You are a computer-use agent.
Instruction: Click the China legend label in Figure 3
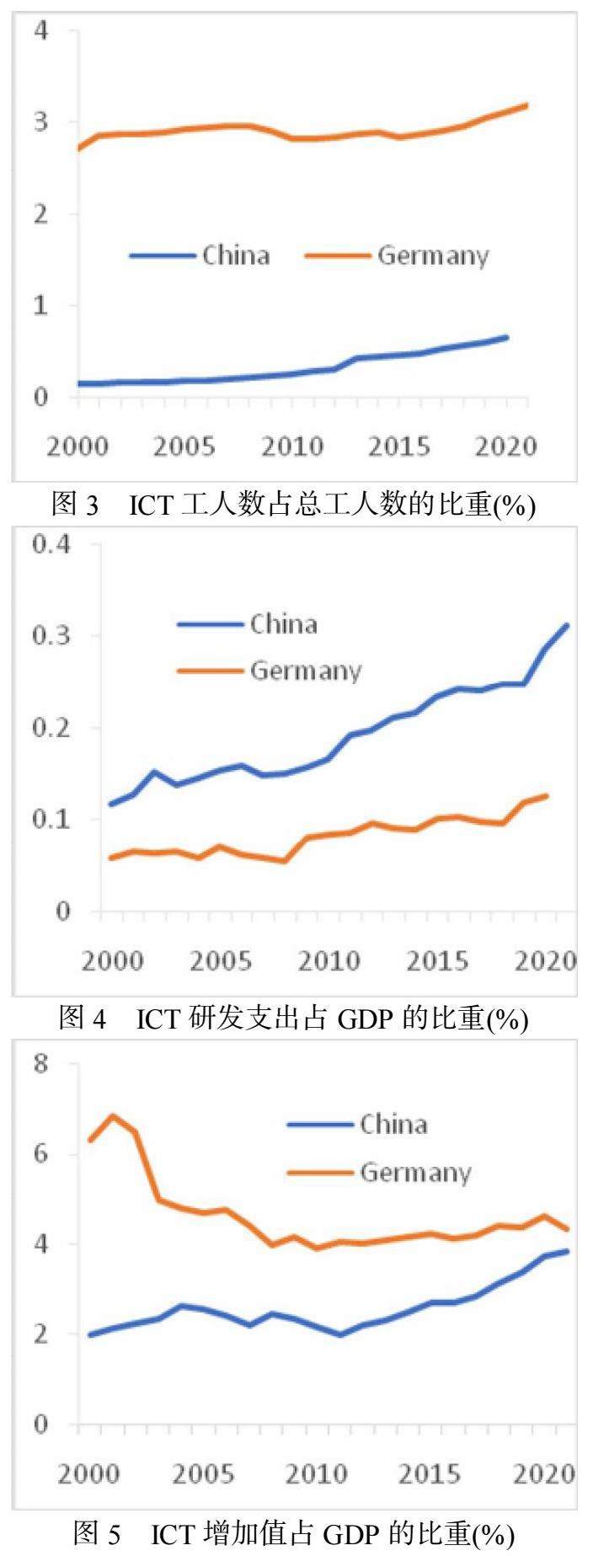236,255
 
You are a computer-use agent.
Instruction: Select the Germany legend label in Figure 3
433,256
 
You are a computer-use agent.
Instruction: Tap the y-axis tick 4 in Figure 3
40,31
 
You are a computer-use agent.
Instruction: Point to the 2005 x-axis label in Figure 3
184,446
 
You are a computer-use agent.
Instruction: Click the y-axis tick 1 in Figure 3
40,305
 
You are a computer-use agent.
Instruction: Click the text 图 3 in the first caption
76,505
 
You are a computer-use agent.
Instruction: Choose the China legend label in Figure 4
284,624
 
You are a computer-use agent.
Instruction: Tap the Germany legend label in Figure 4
306,671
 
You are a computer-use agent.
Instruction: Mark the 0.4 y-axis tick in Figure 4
52,544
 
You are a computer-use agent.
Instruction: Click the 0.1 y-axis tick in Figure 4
52,819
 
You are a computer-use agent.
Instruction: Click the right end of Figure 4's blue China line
567,625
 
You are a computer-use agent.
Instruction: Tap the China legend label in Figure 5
393,1124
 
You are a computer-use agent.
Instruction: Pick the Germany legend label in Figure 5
415,1173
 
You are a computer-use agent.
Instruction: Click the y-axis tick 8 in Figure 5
42,1064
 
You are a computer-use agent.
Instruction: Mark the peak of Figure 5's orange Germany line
113,1116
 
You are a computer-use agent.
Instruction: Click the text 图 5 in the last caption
98,1535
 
